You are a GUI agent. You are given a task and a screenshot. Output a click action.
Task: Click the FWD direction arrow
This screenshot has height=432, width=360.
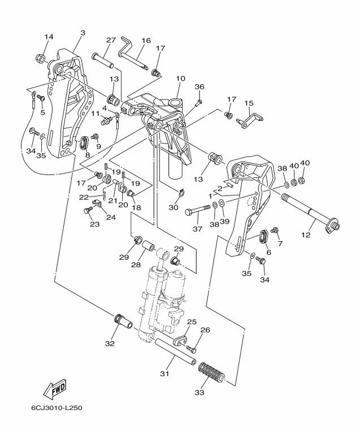point(55,389)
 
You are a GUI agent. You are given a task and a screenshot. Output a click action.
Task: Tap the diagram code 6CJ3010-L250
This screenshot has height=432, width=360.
point(57,415)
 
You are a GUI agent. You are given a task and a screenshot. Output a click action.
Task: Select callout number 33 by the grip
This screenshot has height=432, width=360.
point(199,392)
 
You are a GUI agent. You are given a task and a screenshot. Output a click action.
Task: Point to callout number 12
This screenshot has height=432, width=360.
point(306,235)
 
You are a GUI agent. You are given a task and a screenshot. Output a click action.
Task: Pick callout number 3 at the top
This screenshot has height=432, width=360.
point(83,33)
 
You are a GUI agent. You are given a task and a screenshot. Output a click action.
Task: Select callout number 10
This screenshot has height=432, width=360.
point(181,79)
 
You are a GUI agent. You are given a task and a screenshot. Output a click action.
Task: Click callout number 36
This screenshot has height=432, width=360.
point(199,87)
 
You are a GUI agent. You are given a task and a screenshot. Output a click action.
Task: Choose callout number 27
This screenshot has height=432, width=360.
point(111,40)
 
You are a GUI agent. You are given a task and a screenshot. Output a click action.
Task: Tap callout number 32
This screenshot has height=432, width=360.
point(110,343)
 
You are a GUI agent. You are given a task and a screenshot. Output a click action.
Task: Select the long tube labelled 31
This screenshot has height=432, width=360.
point(176,352)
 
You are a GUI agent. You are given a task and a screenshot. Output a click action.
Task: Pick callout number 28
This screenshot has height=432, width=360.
point(136,265)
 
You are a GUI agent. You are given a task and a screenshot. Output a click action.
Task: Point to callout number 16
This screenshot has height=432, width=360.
point(146,41)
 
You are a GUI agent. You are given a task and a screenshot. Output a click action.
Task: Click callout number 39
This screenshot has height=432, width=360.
point(225,221)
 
